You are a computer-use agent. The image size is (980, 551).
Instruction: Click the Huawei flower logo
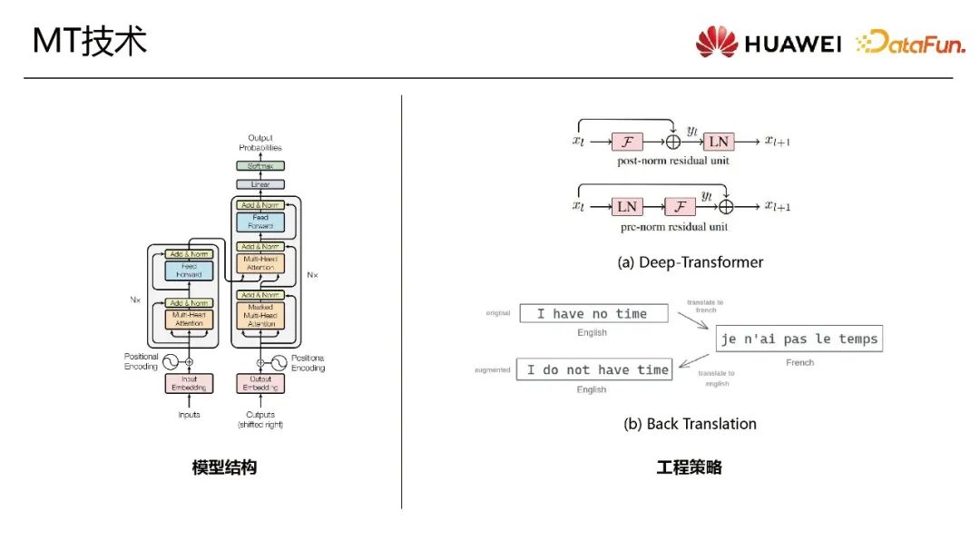coord(717,42)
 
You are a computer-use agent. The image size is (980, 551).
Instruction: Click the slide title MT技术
coord(89,42)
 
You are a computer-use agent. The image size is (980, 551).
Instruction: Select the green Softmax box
coord(260,166)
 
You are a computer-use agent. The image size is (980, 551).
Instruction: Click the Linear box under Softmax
coord(260,184)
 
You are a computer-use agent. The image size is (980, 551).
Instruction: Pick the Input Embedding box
coord(189,384)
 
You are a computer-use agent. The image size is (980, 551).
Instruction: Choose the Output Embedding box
coord(260,384)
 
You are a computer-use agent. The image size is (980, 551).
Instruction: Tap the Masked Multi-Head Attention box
coord(260,315)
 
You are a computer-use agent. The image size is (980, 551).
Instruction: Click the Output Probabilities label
coord(260,143)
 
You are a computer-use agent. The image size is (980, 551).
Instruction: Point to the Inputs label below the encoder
coord(189,416)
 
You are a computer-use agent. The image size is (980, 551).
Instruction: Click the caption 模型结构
coord(224,467)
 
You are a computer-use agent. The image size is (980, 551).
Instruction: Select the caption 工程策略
coord(690,467)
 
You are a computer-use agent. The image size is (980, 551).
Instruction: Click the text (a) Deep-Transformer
coord(690,262)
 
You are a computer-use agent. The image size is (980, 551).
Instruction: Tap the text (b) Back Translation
coord(690,424)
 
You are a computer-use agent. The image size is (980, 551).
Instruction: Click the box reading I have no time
coord(593,314)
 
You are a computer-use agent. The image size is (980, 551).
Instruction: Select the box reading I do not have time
coord(594,369)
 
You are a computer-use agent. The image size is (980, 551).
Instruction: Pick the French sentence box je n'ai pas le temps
coord(799,339)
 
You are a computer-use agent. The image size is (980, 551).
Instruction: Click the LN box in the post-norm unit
coord(719,142)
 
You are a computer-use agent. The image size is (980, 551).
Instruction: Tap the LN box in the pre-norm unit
coord(627,206)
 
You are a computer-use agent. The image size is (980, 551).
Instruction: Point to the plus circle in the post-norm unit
coord(673,142)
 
